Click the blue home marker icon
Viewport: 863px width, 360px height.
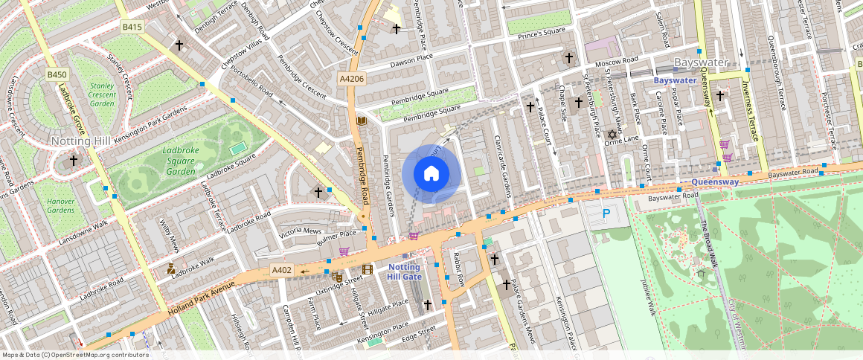click(x=431, y=174)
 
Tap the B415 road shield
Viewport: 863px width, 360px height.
click(x=132, y=27)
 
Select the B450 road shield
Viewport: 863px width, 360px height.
click(x=57, y=74)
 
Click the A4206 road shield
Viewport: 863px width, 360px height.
click(x=352, y=79)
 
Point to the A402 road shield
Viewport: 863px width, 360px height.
click(x=282, y=269)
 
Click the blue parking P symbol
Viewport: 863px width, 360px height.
click(x=606, y=214)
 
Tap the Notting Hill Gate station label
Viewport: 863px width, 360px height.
click(x=404, y=271)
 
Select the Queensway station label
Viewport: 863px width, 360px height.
click(x=713, y=181)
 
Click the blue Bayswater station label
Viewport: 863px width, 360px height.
click(x=675, y=80)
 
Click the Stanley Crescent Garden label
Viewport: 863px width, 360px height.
click(x=102, y=94)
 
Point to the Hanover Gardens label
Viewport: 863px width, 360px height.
click(x=61, y=205)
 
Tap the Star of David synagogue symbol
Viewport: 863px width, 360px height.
click(x=613, y=135)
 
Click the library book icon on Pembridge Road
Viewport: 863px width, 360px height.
click(x=362, y=120)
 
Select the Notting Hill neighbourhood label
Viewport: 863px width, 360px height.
click(x=81, y=141)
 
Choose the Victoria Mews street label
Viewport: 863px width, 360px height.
click(x=301, y=232)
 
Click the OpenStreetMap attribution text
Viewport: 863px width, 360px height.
click(x=76, y=355)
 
